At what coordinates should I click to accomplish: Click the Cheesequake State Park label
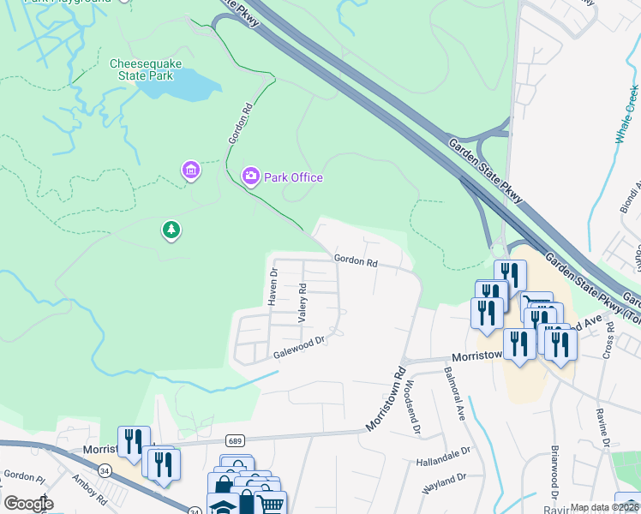tap(142, 69)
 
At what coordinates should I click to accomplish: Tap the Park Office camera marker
tap(250, 176)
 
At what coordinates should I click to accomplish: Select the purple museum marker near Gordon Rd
tap(190, 171)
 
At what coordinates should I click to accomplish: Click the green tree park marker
tap(171, 230)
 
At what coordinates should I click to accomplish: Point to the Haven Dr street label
tap(273, 288)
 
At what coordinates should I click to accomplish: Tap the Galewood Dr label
tap(300, 348)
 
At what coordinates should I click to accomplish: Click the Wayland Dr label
tap(444, 484)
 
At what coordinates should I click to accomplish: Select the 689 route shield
tap(234, 440)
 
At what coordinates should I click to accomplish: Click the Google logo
tap(29, 503)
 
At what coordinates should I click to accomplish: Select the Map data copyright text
tap(603, 507)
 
